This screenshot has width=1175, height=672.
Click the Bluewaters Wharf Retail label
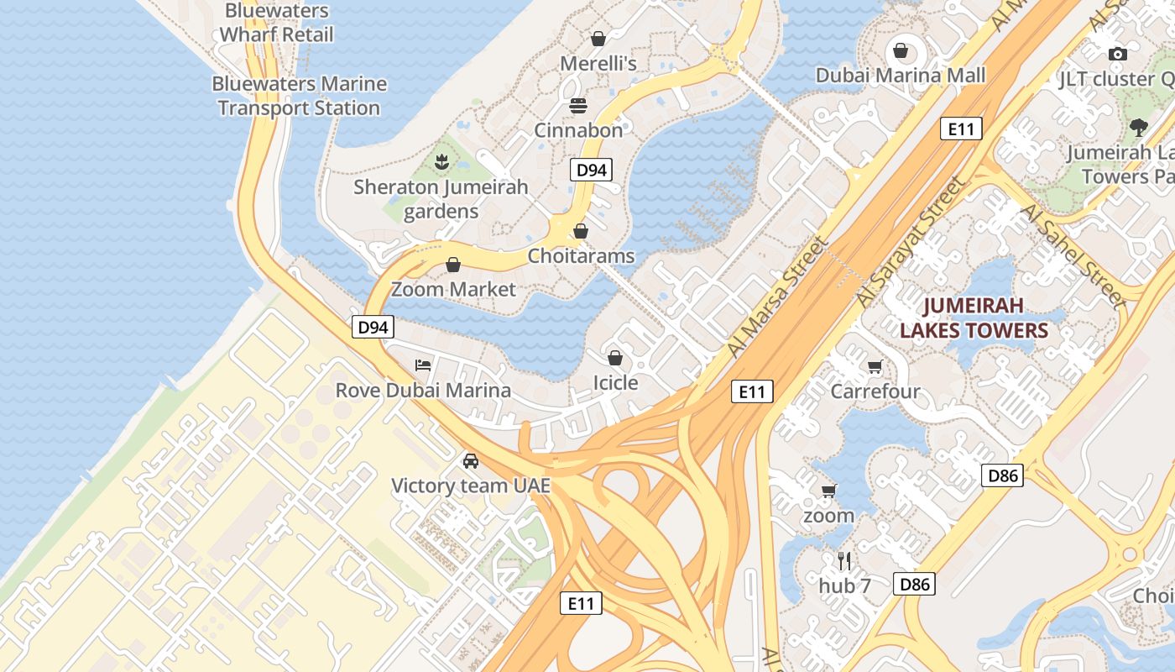pyautogui.click(x=276, y=23)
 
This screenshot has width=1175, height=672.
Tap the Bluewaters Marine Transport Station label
pyautogui.click(x=299, y=96)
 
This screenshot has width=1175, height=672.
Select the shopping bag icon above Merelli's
pyautogui.click(x=598, y=39)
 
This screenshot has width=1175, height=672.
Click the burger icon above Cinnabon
pyautogui.click(x=578, y=106)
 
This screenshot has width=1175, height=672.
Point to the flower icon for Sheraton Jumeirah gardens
pyautogui.click(x=441, y=160)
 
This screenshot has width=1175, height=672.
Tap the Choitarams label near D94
pyautogui.click(x=581, y=255)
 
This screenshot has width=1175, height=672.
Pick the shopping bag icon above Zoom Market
pyautogui.click(x=453, y=265)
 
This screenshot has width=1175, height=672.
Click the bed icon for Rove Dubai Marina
pyautogui.click(x=423, y=365)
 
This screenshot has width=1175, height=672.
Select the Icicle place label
pyautogui.click(x=615, y=383)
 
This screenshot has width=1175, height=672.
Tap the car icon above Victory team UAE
pyautogui.click(x=471, y=461)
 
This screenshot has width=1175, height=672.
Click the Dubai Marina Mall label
pyautogui.click(x=901, y=76)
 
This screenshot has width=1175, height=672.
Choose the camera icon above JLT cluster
pyautogui.click(x=1117, y=55)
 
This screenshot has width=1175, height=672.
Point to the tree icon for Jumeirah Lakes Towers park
pyautogui.click(x=1138, y=128)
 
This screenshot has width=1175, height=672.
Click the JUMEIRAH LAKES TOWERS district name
pyautogui.click(x=974, y=318)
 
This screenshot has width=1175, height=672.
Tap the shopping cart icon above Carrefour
pyautogui.click(x=875, y=367)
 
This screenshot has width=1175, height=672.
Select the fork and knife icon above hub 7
pyautogui.click(x=844, y=561)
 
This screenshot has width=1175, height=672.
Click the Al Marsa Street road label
pyautogui.click(x=777, y=297)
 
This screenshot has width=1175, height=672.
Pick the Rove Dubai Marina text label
pyautogui.click(x=423, y=391)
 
